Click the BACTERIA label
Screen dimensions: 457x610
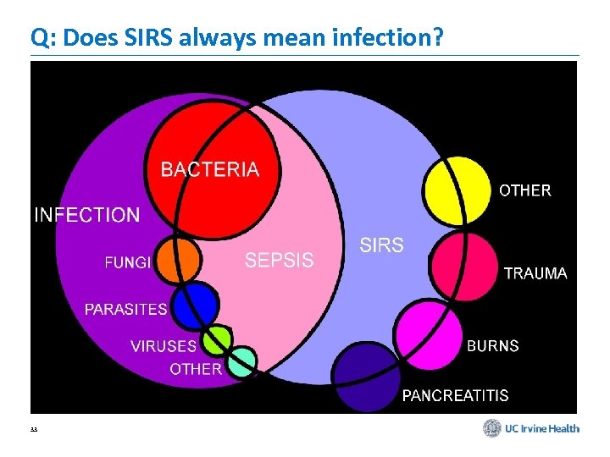[210, 169]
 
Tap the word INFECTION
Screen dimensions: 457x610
[87, 215]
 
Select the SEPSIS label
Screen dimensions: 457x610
[279, 261]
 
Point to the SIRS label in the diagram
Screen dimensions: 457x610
[382, 245]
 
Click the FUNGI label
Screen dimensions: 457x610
[128, 262]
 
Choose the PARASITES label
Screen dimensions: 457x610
[125, 309]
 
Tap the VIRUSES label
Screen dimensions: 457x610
[163, 346]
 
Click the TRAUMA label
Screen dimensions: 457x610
[535, 273]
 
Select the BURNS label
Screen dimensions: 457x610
[492, 346]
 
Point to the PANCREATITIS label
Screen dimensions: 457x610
[455, 395]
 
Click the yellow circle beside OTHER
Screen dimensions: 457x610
[457, 190]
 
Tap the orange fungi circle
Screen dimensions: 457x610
[178, 259]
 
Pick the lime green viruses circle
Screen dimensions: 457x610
[218, 340]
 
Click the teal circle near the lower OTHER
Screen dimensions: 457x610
[242, 361]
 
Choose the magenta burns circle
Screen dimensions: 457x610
[429, 334]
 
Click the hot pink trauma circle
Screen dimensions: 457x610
[463, 266]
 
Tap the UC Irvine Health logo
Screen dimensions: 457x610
[531, 428]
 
